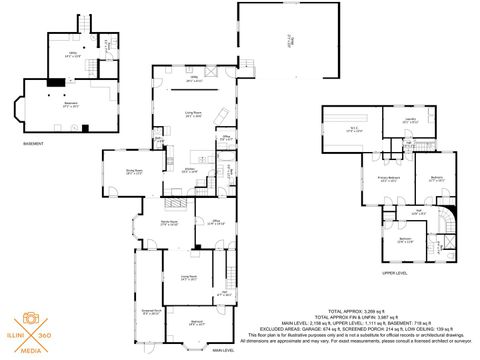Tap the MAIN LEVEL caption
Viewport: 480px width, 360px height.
click(222, 350)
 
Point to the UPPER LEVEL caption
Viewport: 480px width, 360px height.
click(395, 271)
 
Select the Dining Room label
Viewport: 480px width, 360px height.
click(128, 170)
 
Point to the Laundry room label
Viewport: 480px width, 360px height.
click(412, 121)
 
